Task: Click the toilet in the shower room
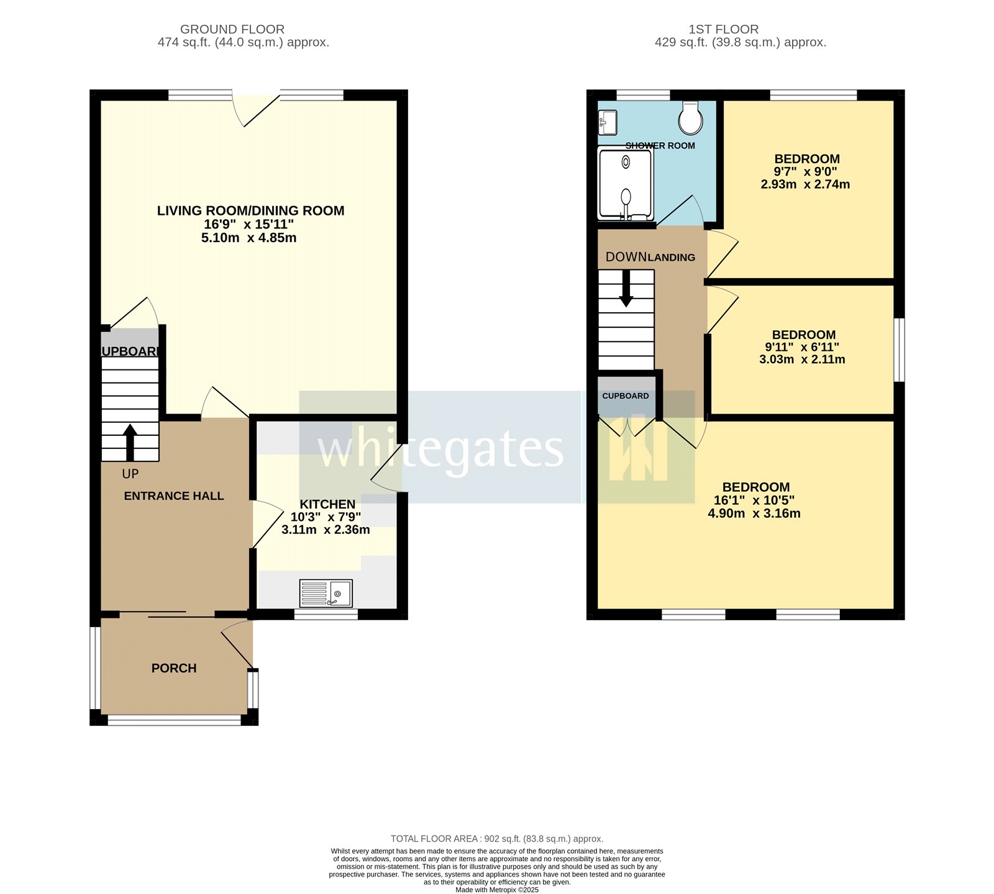coord(690,118)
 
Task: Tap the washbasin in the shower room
coord(607,122)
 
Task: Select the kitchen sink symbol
coord(326,594)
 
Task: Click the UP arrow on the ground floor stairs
coord(130,441)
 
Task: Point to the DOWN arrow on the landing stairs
coord(626,290)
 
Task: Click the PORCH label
coord(174,668)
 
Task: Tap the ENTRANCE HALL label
coord(174,496)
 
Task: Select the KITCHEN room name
coord(327,504)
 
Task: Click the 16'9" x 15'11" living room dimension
coord(248,224)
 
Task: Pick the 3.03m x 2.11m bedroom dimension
coord(802,359)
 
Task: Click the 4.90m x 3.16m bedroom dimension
coord(754,513)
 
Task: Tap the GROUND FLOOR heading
coord(232,29)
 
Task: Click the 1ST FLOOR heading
coord(723,29)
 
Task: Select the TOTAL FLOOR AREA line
coord(497,839)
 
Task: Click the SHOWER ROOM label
coord(660,146)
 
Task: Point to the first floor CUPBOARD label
coord(625,396)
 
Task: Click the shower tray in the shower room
coord(625,183)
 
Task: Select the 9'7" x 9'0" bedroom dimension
coord(805,172)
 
